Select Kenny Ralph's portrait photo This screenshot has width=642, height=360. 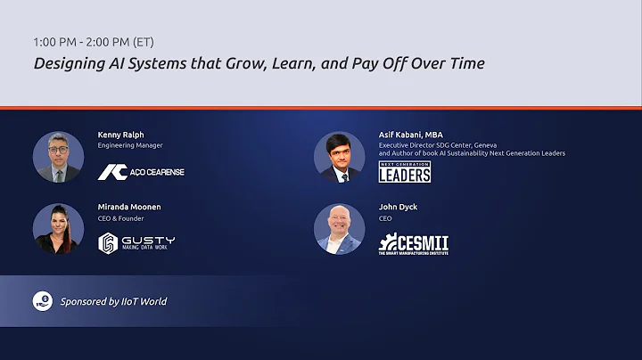pos(58,157)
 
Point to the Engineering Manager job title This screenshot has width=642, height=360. pos(130,145)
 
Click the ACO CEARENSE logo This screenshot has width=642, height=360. pos(141,172)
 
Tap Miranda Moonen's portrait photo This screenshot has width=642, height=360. pos(58,229)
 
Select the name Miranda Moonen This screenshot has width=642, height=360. pos(129,207)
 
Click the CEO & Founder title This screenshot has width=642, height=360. pos(120,217)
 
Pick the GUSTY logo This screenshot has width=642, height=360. pos(136,242)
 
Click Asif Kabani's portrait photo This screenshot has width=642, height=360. pos(340,157)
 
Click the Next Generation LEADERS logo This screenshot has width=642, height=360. pos(404,172)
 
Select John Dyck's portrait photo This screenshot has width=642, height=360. pos(340,229)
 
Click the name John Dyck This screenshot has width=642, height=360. pos(398,207)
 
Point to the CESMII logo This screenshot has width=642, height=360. pos(414,243)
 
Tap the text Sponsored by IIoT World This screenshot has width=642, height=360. pos(113,301)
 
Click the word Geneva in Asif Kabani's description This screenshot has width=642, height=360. pos(483,144)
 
